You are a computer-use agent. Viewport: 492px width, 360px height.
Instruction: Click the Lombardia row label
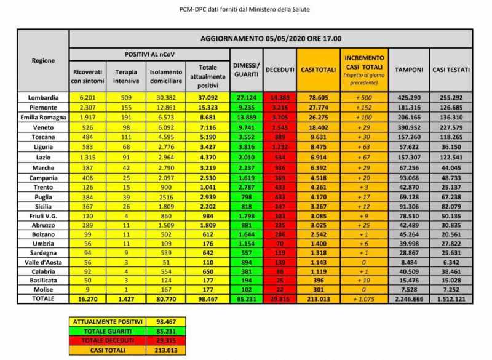(x=43, y=97)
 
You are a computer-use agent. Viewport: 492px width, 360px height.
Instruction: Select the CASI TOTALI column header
(x=317, y=70)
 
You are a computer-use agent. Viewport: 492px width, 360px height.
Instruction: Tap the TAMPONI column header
(x=409, y=70)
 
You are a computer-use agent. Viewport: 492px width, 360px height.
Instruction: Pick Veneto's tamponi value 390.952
(x=409, y=125)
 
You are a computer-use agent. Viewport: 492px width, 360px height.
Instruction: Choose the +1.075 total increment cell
(x=365, y=298)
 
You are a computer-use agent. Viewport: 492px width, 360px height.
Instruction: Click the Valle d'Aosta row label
(x=43, y=262)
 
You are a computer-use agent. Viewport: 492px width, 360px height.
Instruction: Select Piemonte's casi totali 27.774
(x=317, y=106)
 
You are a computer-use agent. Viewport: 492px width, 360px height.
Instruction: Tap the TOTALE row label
(x=43, y=298)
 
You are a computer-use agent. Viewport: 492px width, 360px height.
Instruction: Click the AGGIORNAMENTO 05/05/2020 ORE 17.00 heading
(x=271, y=38)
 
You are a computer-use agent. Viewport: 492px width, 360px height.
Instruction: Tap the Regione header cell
(x=43, y=61)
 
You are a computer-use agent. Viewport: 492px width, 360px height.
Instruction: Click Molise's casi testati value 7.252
(x=451, y=289)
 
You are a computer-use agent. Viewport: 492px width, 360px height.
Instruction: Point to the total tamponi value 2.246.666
(x=409, y=298)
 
